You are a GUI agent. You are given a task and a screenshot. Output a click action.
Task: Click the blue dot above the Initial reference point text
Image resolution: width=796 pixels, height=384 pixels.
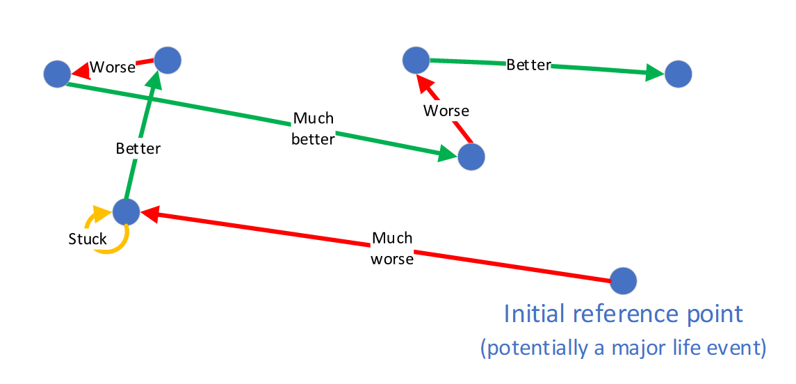(623, 281)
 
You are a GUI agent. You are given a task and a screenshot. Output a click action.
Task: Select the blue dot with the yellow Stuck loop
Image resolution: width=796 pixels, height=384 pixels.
(127, 211)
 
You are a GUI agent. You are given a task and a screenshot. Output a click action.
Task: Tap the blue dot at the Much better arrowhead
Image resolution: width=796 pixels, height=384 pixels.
(471, 157)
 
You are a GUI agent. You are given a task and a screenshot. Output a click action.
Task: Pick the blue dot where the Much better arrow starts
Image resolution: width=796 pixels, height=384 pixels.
(56, 73)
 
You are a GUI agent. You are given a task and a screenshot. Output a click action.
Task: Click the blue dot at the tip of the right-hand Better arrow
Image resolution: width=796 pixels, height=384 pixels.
(678, 73)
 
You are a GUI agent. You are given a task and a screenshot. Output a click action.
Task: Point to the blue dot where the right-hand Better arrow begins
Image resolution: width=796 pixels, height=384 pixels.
(416, 60)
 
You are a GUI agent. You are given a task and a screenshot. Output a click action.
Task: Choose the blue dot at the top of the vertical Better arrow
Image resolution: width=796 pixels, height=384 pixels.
(168, 60)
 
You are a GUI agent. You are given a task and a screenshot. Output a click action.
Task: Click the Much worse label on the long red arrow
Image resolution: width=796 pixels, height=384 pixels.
(392, 248)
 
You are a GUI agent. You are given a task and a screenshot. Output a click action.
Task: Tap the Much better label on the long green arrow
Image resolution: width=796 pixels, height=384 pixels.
(314, 129)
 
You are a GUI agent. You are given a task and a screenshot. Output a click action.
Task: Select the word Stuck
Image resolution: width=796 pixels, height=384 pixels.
(88, 239)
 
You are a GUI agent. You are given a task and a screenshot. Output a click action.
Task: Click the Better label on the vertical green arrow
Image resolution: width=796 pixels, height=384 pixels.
(138, 148)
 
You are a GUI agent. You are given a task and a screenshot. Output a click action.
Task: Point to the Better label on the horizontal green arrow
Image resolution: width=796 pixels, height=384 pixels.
(528, 65)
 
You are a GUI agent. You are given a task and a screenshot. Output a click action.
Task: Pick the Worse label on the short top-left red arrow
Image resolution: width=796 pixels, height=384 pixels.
(113, 67)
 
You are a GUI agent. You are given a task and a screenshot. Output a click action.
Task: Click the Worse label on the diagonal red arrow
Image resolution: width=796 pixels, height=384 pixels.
(446, 111)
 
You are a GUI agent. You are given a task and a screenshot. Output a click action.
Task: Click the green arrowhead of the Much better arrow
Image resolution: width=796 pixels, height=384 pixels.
(447, 154)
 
